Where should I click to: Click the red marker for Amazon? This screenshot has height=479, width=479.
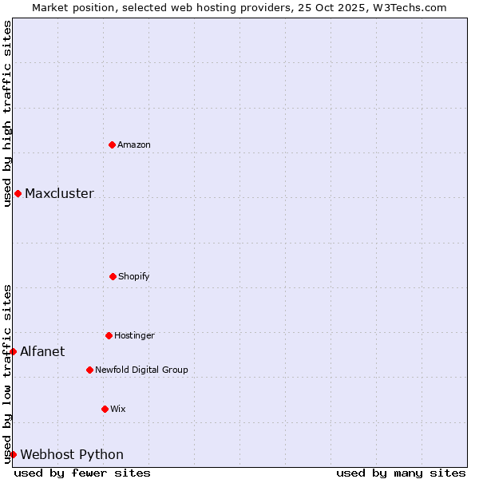113,144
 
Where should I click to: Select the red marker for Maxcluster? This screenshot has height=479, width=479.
18,193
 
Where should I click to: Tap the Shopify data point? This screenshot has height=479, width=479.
113,276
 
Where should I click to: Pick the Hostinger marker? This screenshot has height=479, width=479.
109,335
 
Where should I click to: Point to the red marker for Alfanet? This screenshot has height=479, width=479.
13,351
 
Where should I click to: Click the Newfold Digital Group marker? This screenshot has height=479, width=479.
89,370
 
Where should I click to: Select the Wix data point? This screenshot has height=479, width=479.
105,409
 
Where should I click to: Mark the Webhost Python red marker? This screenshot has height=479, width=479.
13,454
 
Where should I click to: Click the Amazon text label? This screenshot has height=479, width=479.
134,145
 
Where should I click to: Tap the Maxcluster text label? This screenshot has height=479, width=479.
59,194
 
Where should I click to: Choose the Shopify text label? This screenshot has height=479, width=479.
134,277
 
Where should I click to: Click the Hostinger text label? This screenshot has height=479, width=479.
134,336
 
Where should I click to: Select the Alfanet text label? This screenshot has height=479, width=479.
42,352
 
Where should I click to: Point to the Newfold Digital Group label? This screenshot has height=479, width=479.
141,370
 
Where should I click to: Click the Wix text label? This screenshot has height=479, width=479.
118,410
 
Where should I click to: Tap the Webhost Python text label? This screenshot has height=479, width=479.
72,455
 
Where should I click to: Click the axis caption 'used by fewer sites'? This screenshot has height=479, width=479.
82,473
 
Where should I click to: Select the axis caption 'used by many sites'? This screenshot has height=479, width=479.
401,473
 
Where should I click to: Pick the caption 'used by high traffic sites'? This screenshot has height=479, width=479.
7,113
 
